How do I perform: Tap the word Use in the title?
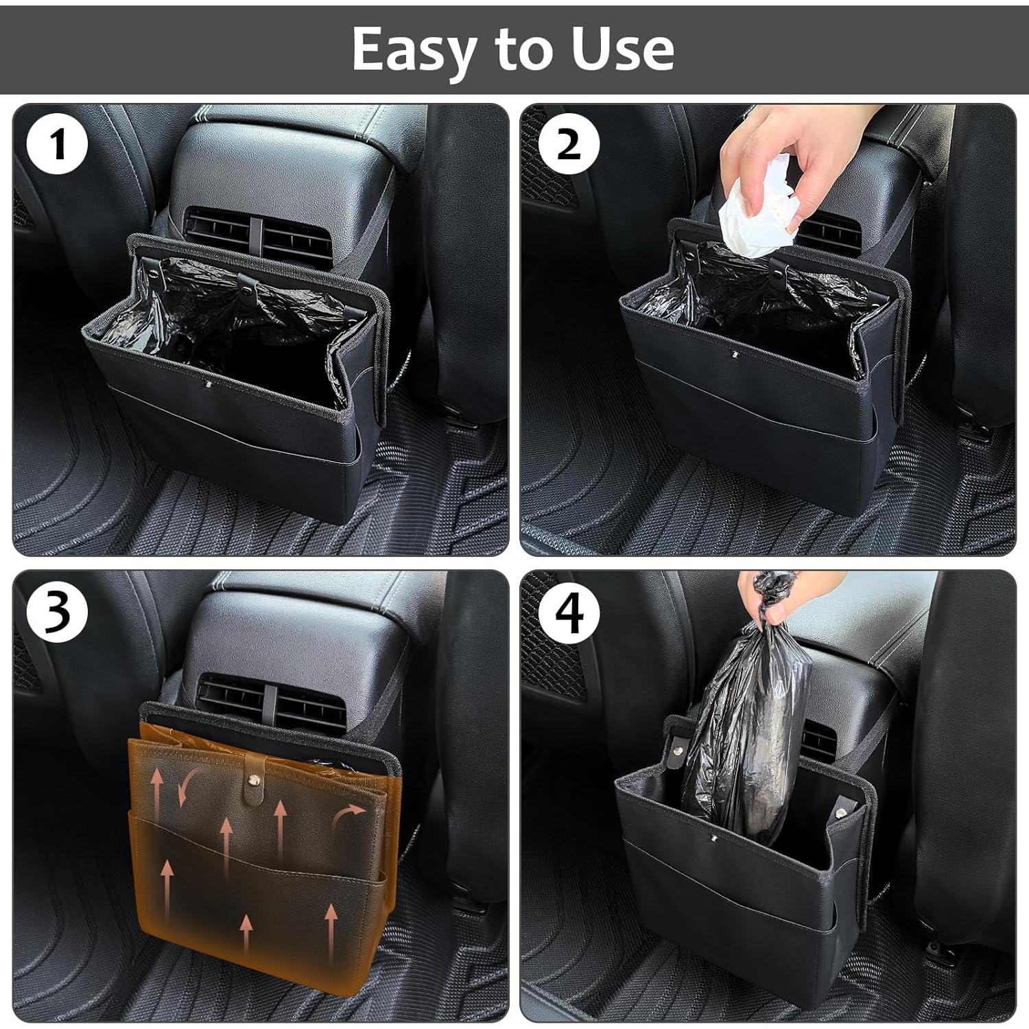click(623, 49)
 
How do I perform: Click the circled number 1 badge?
click(58, 145)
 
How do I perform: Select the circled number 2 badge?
click(569, 145)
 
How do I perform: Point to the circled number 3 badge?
click(58, 611)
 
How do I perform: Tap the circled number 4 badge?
click(569, 613)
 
